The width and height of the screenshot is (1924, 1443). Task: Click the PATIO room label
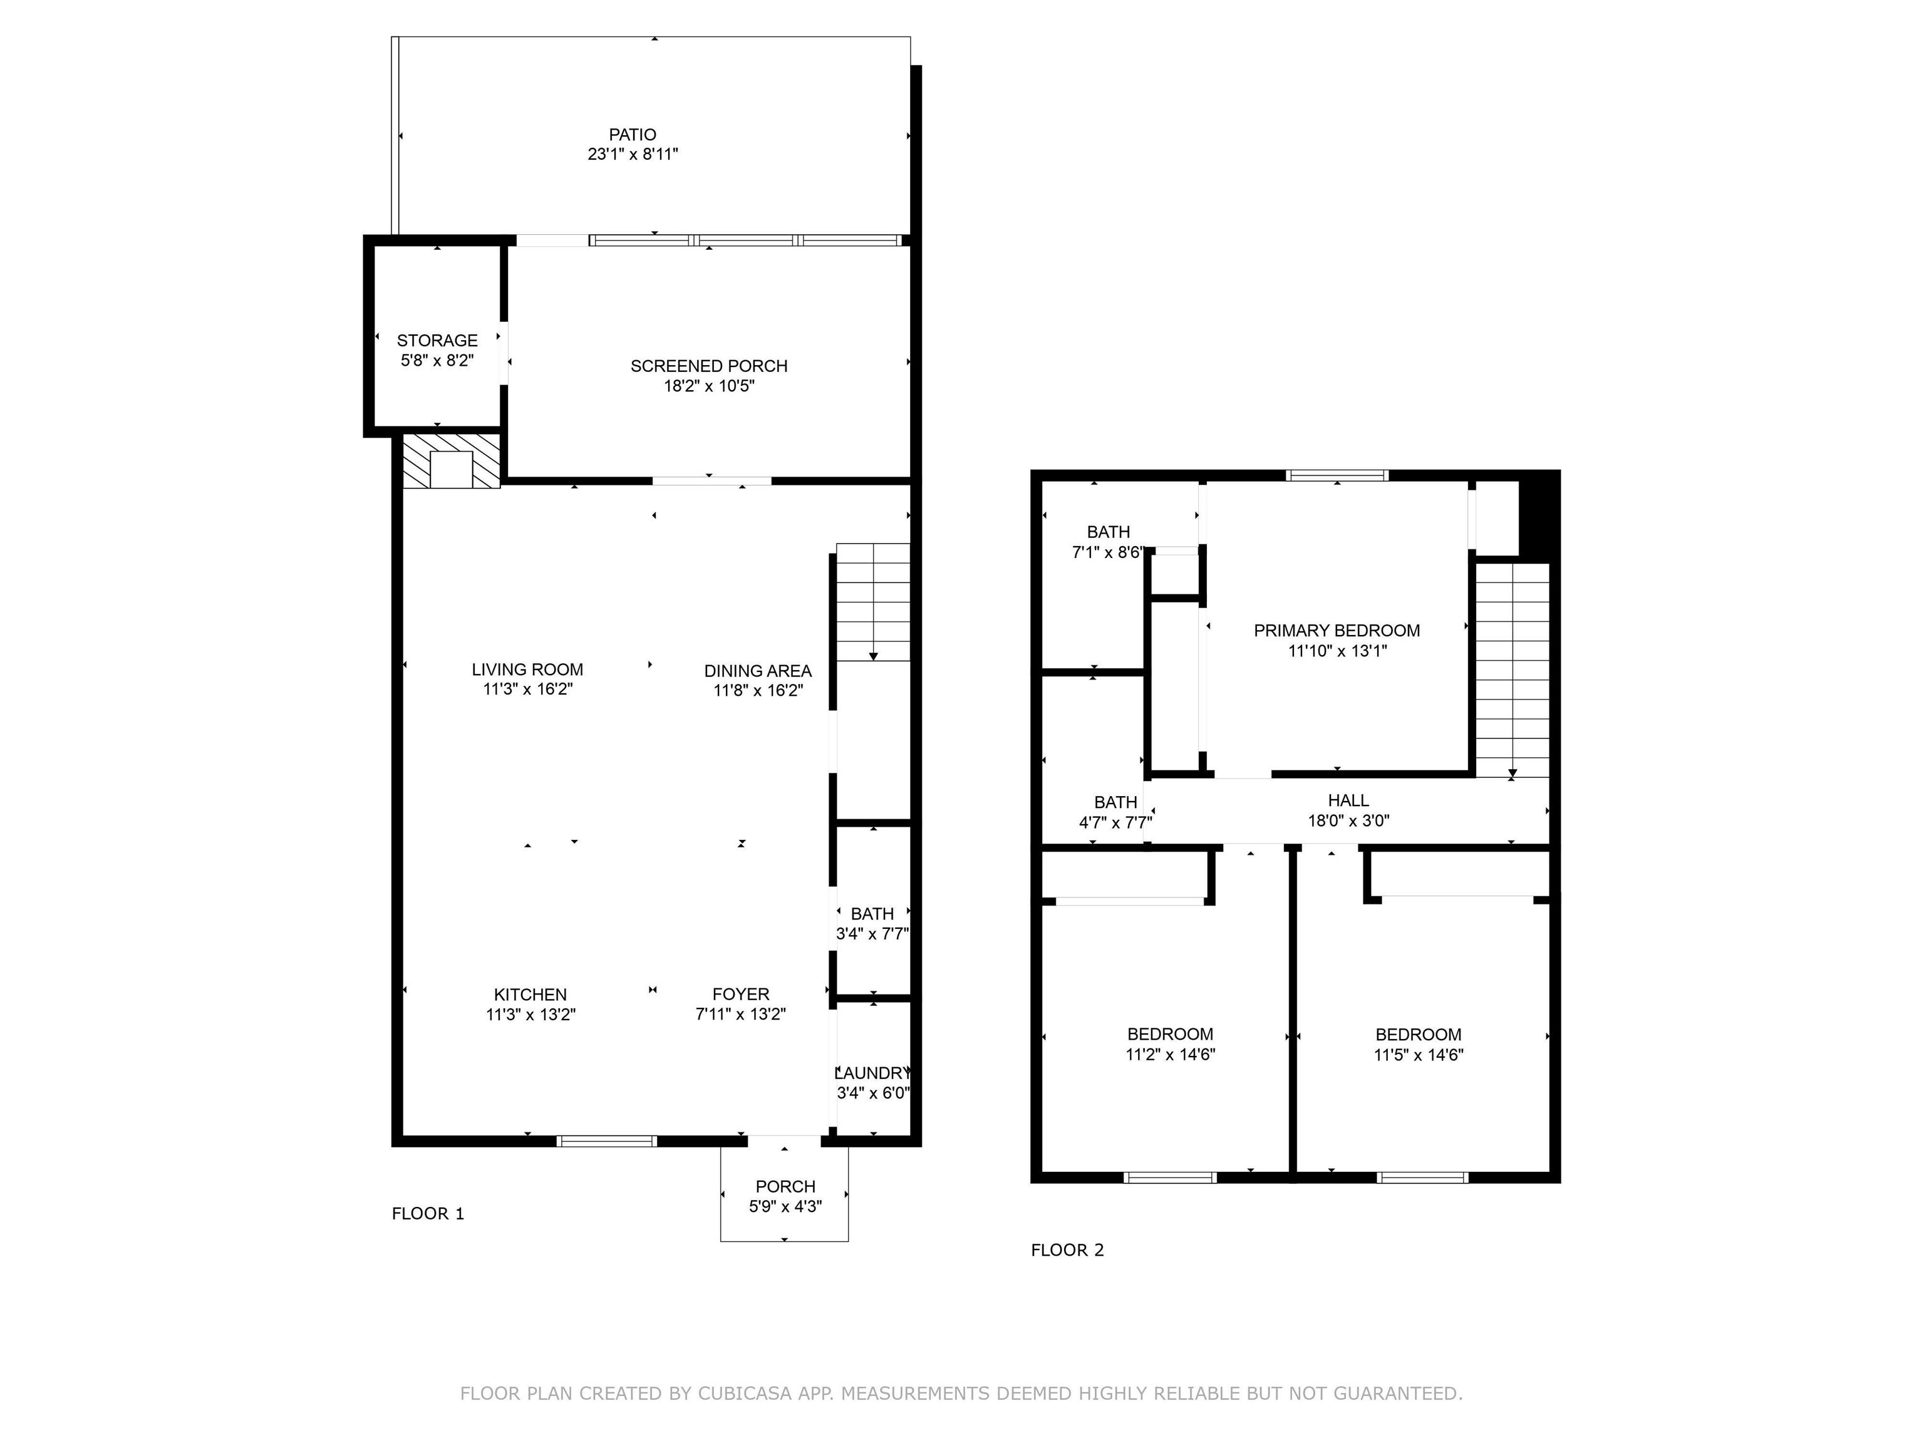tap(633, 135)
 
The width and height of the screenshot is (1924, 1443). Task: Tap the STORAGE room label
tap(438, 340)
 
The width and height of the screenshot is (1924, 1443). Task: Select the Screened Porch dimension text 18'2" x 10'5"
tap(709, 385)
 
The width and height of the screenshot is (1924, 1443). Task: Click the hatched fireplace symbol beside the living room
tap(452, 462)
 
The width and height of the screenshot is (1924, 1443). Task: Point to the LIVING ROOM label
tap(527, 670)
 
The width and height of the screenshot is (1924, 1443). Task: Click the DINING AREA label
tap(758, 671)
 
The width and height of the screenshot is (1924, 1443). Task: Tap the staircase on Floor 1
tap(873, 602)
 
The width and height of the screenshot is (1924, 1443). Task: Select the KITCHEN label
tap(530, 994)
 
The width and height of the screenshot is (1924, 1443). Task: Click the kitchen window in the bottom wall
tap(607, 1141)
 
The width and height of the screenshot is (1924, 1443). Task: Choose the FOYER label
tap(741, 994)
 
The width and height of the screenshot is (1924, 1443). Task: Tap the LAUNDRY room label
tap(872, 1073)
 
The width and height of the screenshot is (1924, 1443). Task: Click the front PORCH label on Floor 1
tap(785, 1186)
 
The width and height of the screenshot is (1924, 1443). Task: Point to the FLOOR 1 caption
tap(428, 1213)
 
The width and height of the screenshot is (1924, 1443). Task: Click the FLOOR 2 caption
tap(1067, 1250)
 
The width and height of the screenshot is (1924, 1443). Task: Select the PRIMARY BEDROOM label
tap(1337, 631)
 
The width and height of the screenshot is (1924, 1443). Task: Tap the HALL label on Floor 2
tap(1348, 800)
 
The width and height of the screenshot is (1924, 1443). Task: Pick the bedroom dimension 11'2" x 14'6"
tap(1170, 1054)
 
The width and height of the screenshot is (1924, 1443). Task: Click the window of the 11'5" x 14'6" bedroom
tap(1422, 1177)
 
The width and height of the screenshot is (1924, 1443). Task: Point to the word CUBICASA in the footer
tap(745, 1394)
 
